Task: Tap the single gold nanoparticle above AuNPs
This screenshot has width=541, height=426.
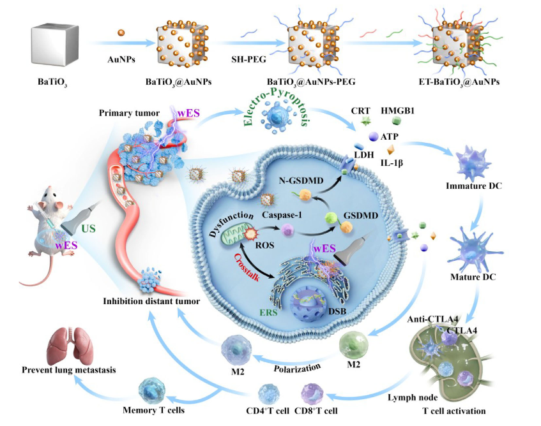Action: point(121,33)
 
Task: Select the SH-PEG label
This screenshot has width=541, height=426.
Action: point(248,59)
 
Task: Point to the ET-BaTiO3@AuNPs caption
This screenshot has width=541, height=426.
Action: point(459,82)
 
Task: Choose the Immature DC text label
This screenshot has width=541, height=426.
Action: point(474,186)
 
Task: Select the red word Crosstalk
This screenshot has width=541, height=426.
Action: point(247,267)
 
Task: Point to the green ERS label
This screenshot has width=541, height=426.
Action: point(268,312)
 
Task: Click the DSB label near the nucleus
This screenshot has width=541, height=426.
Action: point(337,311)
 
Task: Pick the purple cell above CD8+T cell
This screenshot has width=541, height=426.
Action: point(312,394)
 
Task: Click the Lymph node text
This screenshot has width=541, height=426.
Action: point(413,398)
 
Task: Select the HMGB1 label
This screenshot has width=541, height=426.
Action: point(397,110)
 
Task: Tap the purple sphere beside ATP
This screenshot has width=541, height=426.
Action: point(374,136)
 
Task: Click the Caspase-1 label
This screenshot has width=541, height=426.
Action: point(282,215)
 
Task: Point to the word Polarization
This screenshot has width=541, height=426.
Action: point(297,368)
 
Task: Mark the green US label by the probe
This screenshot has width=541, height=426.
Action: point(89,228)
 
